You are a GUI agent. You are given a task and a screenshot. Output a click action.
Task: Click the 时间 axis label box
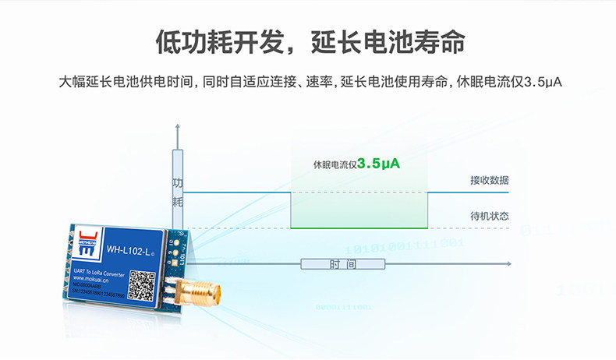(x=343, y=264)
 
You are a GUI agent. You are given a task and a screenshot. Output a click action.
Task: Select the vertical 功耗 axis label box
(x=178, y=192)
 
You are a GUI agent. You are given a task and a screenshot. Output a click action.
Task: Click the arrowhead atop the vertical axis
(x=178, y=126)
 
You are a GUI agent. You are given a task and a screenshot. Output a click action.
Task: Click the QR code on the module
(x=141, y=284)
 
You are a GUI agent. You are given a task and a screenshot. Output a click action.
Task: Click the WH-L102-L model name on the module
(x=129, y=250)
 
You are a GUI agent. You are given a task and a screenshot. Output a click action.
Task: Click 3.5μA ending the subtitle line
(x=543, y=81)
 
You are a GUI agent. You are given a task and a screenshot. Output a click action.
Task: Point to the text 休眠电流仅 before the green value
(x=334, y=165)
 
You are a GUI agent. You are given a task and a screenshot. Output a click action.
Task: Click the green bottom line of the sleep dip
(x=359, y=228)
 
